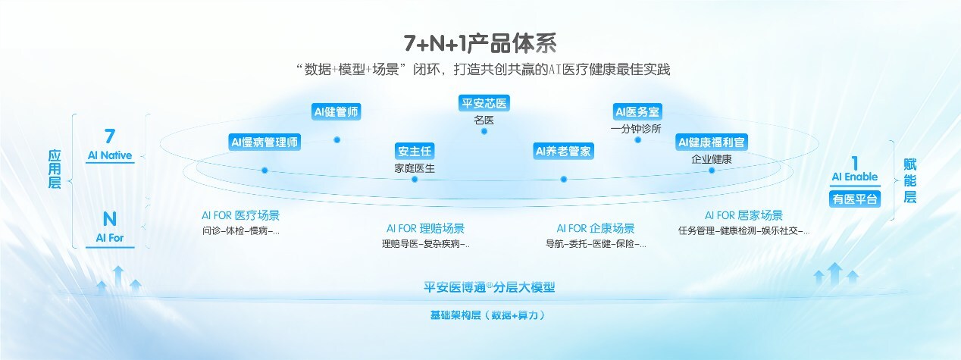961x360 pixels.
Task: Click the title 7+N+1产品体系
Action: pyautogui.click(x=480, y=43)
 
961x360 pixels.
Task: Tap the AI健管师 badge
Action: pyautogui.click(x=336, y=112)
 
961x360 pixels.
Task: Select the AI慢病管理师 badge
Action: pyautogui.click(x=265, y=142)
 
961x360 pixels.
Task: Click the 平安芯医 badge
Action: pyautogui.click(x=484, y=103)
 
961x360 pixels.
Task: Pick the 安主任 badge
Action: pyautogui.click(x=415, y=151)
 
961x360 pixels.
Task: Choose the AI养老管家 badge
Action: pyautogui.click(x=563, y=151)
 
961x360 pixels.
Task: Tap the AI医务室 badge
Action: pyautogui.click(x=637, y=112)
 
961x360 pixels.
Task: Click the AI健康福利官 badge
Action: pyautogui.click(x=712, y=142)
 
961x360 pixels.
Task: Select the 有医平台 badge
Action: pyautogui.click(x=855, y=199)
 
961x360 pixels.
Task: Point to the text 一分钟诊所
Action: pyautogui.click(x=636, y=129)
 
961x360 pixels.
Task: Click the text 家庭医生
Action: pyautogui.click(x=415, y=168)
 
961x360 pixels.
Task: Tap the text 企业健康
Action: pyautogui.click(x=712, y=159)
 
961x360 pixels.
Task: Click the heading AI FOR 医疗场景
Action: pyautogui.click(x=241, y=215)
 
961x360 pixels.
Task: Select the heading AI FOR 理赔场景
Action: pyautogui.click(x=426, y=228)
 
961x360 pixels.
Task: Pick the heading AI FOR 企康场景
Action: pyautogui.click(x=596, y=228)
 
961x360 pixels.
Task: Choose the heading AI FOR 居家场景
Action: pyautogui.click(x=744, y=215)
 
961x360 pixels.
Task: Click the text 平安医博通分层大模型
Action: pyautogui.click(x=489, y=287)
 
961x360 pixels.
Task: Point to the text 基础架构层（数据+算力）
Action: pyautogui.click(x=488, y=315)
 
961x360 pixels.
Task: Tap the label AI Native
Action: pyautogui.click(x=110, y=155)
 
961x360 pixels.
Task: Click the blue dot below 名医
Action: pyautogui.click(x=484, y=131)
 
